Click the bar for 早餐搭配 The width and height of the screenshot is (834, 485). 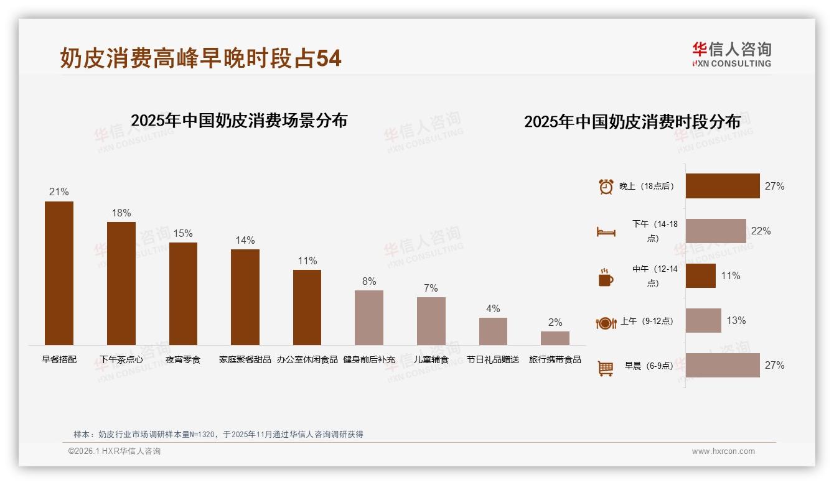pos(59,273)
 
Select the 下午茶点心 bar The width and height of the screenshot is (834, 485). pos(121,284)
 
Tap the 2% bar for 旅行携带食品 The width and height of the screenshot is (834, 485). pos(555,338)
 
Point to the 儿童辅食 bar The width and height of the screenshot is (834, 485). pos(431,321)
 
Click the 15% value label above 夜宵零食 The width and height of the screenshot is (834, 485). pos(183,234)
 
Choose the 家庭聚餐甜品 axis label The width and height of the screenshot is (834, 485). pos(245,359)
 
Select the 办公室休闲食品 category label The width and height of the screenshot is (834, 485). pos(307,359)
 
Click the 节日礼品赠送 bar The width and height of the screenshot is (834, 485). pos(493,331)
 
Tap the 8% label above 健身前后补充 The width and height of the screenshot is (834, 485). pos(369,282)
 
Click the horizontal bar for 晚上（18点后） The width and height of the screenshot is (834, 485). pos(723,186)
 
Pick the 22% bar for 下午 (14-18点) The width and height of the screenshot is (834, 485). pos(716,231)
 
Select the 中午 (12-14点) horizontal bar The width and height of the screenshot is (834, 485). pos(701,275)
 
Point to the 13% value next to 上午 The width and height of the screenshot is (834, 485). pos(736,321)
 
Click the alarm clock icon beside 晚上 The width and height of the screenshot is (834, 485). pos(606,187)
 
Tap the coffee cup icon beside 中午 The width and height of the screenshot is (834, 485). pos(606,278)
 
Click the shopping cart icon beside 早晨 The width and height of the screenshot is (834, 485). pos(606,368)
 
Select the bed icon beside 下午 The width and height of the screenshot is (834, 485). pos(606,232)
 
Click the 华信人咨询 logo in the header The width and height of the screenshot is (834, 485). pos(731,54)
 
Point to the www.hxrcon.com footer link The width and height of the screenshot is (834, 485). pos(723,451)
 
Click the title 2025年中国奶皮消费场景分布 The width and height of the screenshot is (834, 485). pos(239,121)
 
